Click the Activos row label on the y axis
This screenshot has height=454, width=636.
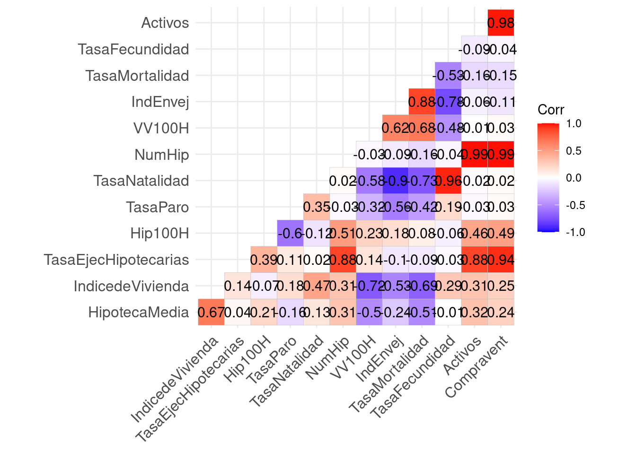(x=165, y=23)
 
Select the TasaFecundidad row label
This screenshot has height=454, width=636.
(x=133, y=49)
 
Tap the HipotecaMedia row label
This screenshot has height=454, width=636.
(x=138, y=313)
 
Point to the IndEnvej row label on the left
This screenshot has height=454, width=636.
(x=160, y=102)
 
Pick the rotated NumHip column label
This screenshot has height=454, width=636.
(x=328, y=358)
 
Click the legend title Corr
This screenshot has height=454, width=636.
(x=551, y=110)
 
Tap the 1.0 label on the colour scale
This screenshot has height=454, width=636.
(x=574, y=124)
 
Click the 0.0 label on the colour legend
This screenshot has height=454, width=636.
(x=574, y=178)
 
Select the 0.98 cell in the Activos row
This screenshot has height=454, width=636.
(x=501, y=23)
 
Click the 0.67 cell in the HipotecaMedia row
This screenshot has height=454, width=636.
(x=211, y=313)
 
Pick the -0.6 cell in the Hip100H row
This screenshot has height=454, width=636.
(x=290, y=233)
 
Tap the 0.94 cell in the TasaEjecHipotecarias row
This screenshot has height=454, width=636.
(x=501, y=260)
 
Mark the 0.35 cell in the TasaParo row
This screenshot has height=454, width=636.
(x=317, y=207)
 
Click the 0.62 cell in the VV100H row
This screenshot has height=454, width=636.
(x=396, y=128)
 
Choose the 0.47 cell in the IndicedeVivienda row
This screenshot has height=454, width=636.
(x=317, y=286)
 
